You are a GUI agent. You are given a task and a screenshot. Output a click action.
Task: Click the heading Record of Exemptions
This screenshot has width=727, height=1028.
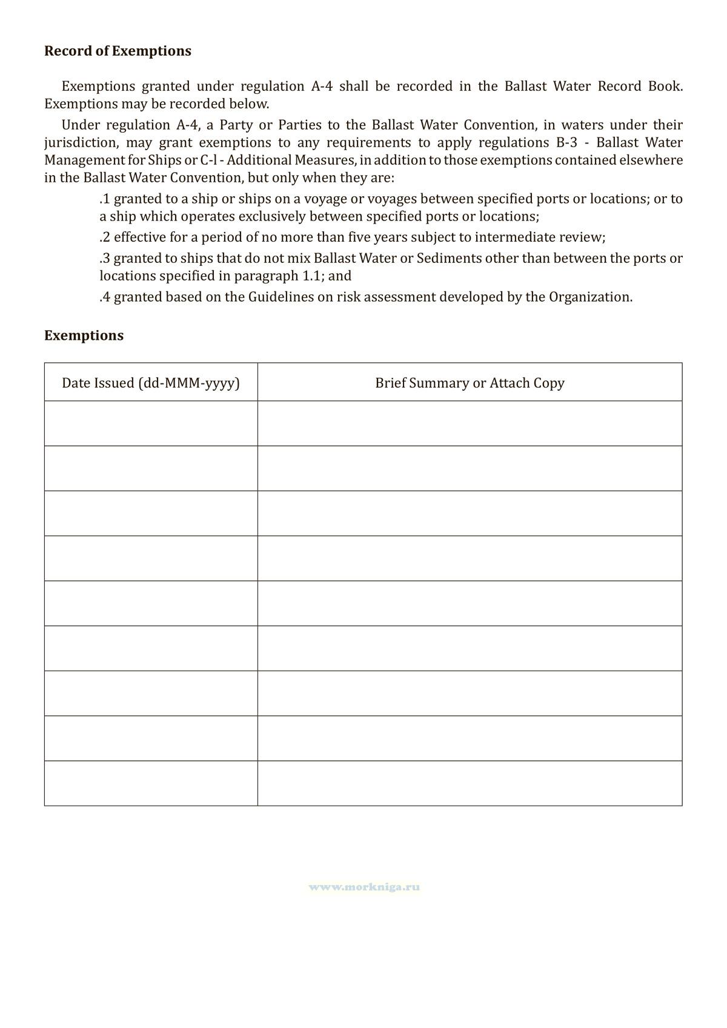pos(118,51)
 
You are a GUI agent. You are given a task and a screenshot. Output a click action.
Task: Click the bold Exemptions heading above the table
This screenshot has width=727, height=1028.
pos(84,336)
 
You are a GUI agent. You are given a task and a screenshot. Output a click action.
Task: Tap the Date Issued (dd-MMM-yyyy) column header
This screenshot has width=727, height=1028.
pos(151,383)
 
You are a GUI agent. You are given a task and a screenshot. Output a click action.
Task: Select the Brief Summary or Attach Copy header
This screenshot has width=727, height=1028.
pos(470,383)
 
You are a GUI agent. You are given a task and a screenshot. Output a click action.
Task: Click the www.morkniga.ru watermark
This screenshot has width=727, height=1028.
pos(364,887)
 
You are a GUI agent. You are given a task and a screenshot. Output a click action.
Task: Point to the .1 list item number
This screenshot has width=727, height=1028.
pos(105,199)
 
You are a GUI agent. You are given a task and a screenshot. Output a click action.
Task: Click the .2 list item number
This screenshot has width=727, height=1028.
pos(105,237)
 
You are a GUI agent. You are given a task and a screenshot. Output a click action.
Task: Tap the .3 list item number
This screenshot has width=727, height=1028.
pos(105,259)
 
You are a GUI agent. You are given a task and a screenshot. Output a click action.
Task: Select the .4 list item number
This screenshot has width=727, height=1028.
pos(105,297)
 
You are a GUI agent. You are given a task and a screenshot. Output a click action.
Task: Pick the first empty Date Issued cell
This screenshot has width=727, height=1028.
pos(151,423)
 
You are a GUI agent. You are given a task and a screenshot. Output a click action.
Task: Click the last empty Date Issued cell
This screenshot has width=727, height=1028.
pos(151,783)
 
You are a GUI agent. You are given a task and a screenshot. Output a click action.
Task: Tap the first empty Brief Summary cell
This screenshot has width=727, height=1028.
pos(470,423)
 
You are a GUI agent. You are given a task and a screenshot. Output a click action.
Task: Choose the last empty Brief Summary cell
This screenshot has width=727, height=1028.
pos(470,783)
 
